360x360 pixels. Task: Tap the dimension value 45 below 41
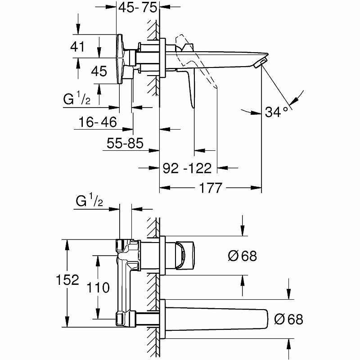(x=99, y=71)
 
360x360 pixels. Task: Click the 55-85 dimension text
(x=125, y=144)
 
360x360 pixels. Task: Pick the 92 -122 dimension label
(x=186, y=168)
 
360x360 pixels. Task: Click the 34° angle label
(x=276, y=112)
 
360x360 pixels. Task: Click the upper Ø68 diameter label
(x=243, y=256)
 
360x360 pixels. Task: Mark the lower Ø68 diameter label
(x=288, y=319)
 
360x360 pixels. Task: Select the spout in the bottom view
(x=216, y=319)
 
